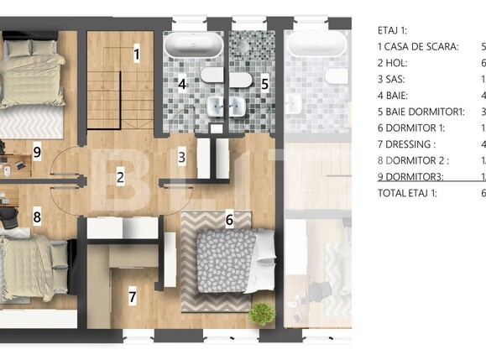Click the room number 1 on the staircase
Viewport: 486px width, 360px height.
pyautogui.click(x=136, y=54)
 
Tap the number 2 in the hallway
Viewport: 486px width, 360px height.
pyautogui.click(x=121, y=177)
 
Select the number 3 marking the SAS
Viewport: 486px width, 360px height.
pyautogui.click(x=181, y=154)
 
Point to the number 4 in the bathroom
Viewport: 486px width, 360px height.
pyautogui.click(x=181, y=83)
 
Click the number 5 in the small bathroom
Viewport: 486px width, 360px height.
pyautogui.click(x=264, y=83)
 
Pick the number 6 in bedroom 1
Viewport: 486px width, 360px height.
pyautogui.click(x=229, y=219)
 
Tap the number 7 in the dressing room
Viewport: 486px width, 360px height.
pyautogui.click(x=132, y=295)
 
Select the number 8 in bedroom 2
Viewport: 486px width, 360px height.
pyautogui.click(x=37, y=217)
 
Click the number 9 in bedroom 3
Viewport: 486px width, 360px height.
pyautogui.click(x=37, y=151)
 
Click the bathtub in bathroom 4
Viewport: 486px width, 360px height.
pyautogui.click(x=195, y=45)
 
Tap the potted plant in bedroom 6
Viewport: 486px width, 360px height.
pyautogui.click(x=263, y=315)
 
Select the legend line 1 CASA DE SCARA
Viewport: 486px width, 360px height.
pyautogui.click(x=418, y=46)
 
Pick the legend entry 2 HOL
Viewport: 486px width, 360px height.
pyautogui.click(x=395, y=62)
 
